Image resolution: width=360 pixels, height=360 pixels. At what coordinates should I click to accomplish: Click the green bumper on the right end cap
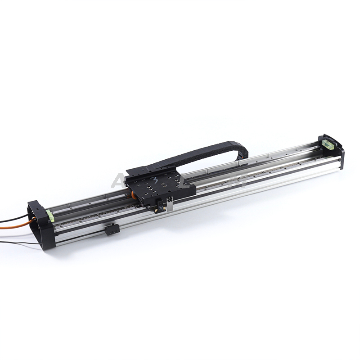coord(328,144)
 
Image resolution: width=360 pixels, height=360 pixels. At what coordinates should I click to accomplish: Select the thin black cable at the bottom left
coord(18,243)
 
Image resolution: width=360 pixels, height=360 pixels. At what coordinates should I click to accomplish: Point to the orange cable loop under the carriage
coord(133,194)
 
